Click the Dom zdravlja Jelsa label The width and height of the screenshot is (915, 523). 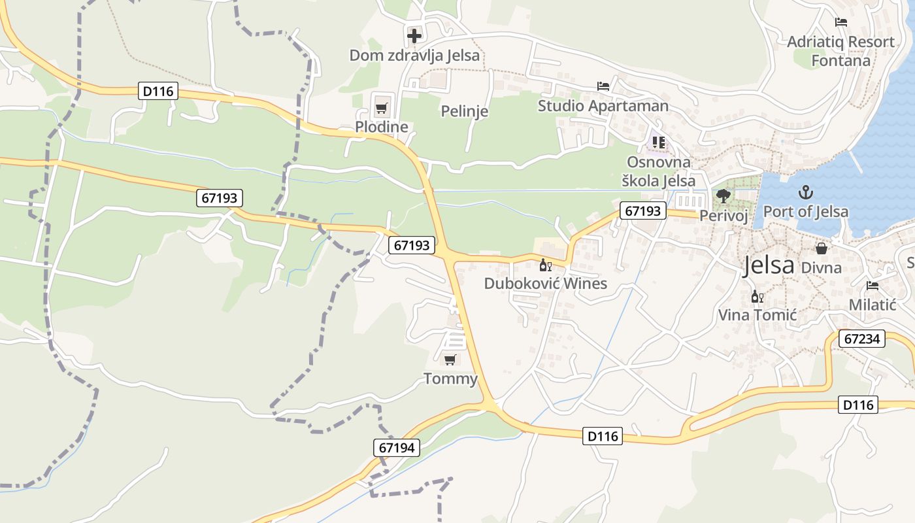(x=414, y=56)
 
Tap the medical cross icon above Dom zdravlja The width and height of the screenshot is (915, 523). (x=414, y=35)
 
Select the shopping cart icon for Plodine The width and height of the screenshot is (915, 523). (x=382, y=107)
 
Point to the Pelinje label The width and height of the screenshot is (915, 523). (x=465, y=111)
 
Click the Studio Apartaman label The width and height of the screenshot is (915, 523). (x=603, y=106)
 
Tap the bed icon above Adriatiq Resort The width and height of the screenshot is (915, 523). (x=841, y=22)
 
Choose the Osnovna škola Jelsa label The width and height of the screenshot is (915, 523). (x=661, y=171)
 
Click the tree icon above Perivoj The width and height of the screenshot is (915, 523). (x=724, y=195)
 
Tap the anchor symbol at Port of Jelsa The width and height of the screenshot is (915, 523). (x=806, y=192)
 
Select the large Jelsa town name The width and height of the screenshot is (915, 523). (x=769, y=265)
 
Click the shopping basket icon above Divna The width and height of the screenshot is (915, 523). (x=822, y=248)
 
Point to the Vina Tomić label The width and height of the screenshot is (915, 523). (x=757, y=315)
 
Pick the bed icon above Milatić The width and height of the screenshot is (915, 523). (x=873, y=286)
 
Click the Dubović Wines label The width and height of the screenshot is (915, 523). (x=546, y=284)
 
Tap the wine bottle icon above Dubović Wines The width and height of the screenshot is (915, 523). (x=545, y=265)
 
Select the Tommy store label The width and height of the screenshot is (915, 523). (x=451, y=379)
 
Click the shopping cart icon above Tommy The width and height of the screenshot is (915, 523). (x=450, y=360)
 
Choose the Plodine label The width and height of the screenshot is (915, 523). (x=382, y=127)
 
